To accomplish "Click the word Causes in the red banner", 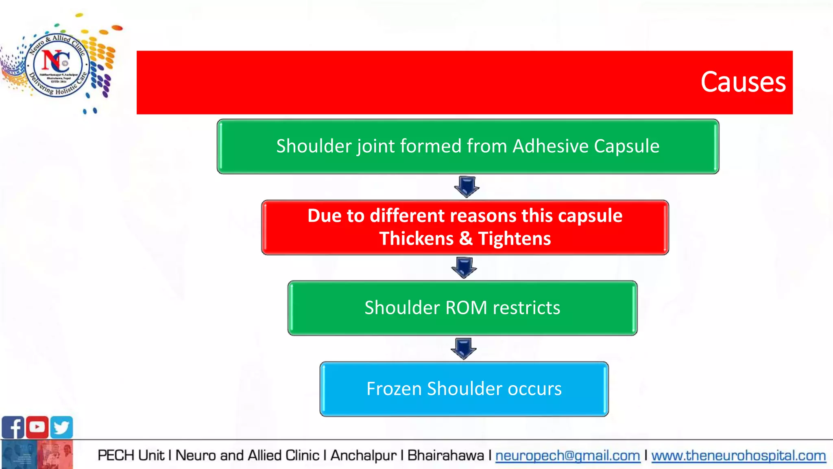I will [743, 82].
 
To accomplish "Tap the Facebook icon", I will [13, 427].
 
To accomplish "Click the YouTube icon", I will [37, 427].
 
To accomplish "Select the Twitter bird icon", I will [61, 427].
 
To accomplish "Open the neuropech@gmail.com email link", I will [567, 456].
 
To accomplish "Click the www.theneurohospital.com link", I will [738, 456].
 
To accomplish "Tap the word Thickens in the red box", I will [416, 239].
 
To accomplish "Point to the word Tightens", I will [514, 239].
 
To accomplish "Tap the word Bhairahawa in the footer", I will [445, 456].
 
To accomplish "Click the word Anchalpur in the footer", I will [363, 456].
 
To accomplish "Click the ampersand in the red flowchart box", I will [465, 239].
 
